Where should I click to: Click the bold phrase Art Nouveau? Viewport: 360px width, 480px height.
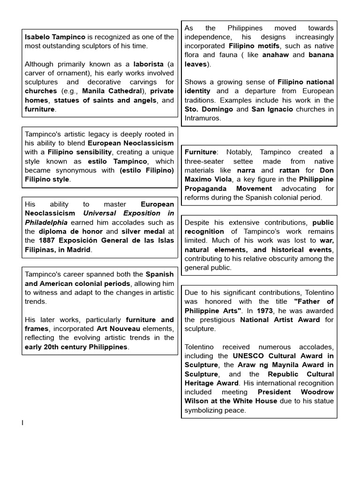(115, 329)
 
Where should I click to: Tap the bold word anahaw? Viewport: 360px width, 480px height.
(275, 55)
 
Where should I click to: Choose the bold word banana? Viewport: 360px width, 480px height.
(321, 55)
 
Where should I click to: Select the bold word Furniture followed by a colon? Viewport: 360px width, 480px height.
(201, 152)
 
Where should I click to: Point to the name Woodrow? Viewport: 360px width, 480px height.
(316, 392)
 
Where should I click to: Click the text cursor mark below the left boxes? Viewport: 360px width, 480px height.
(22, 423)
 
